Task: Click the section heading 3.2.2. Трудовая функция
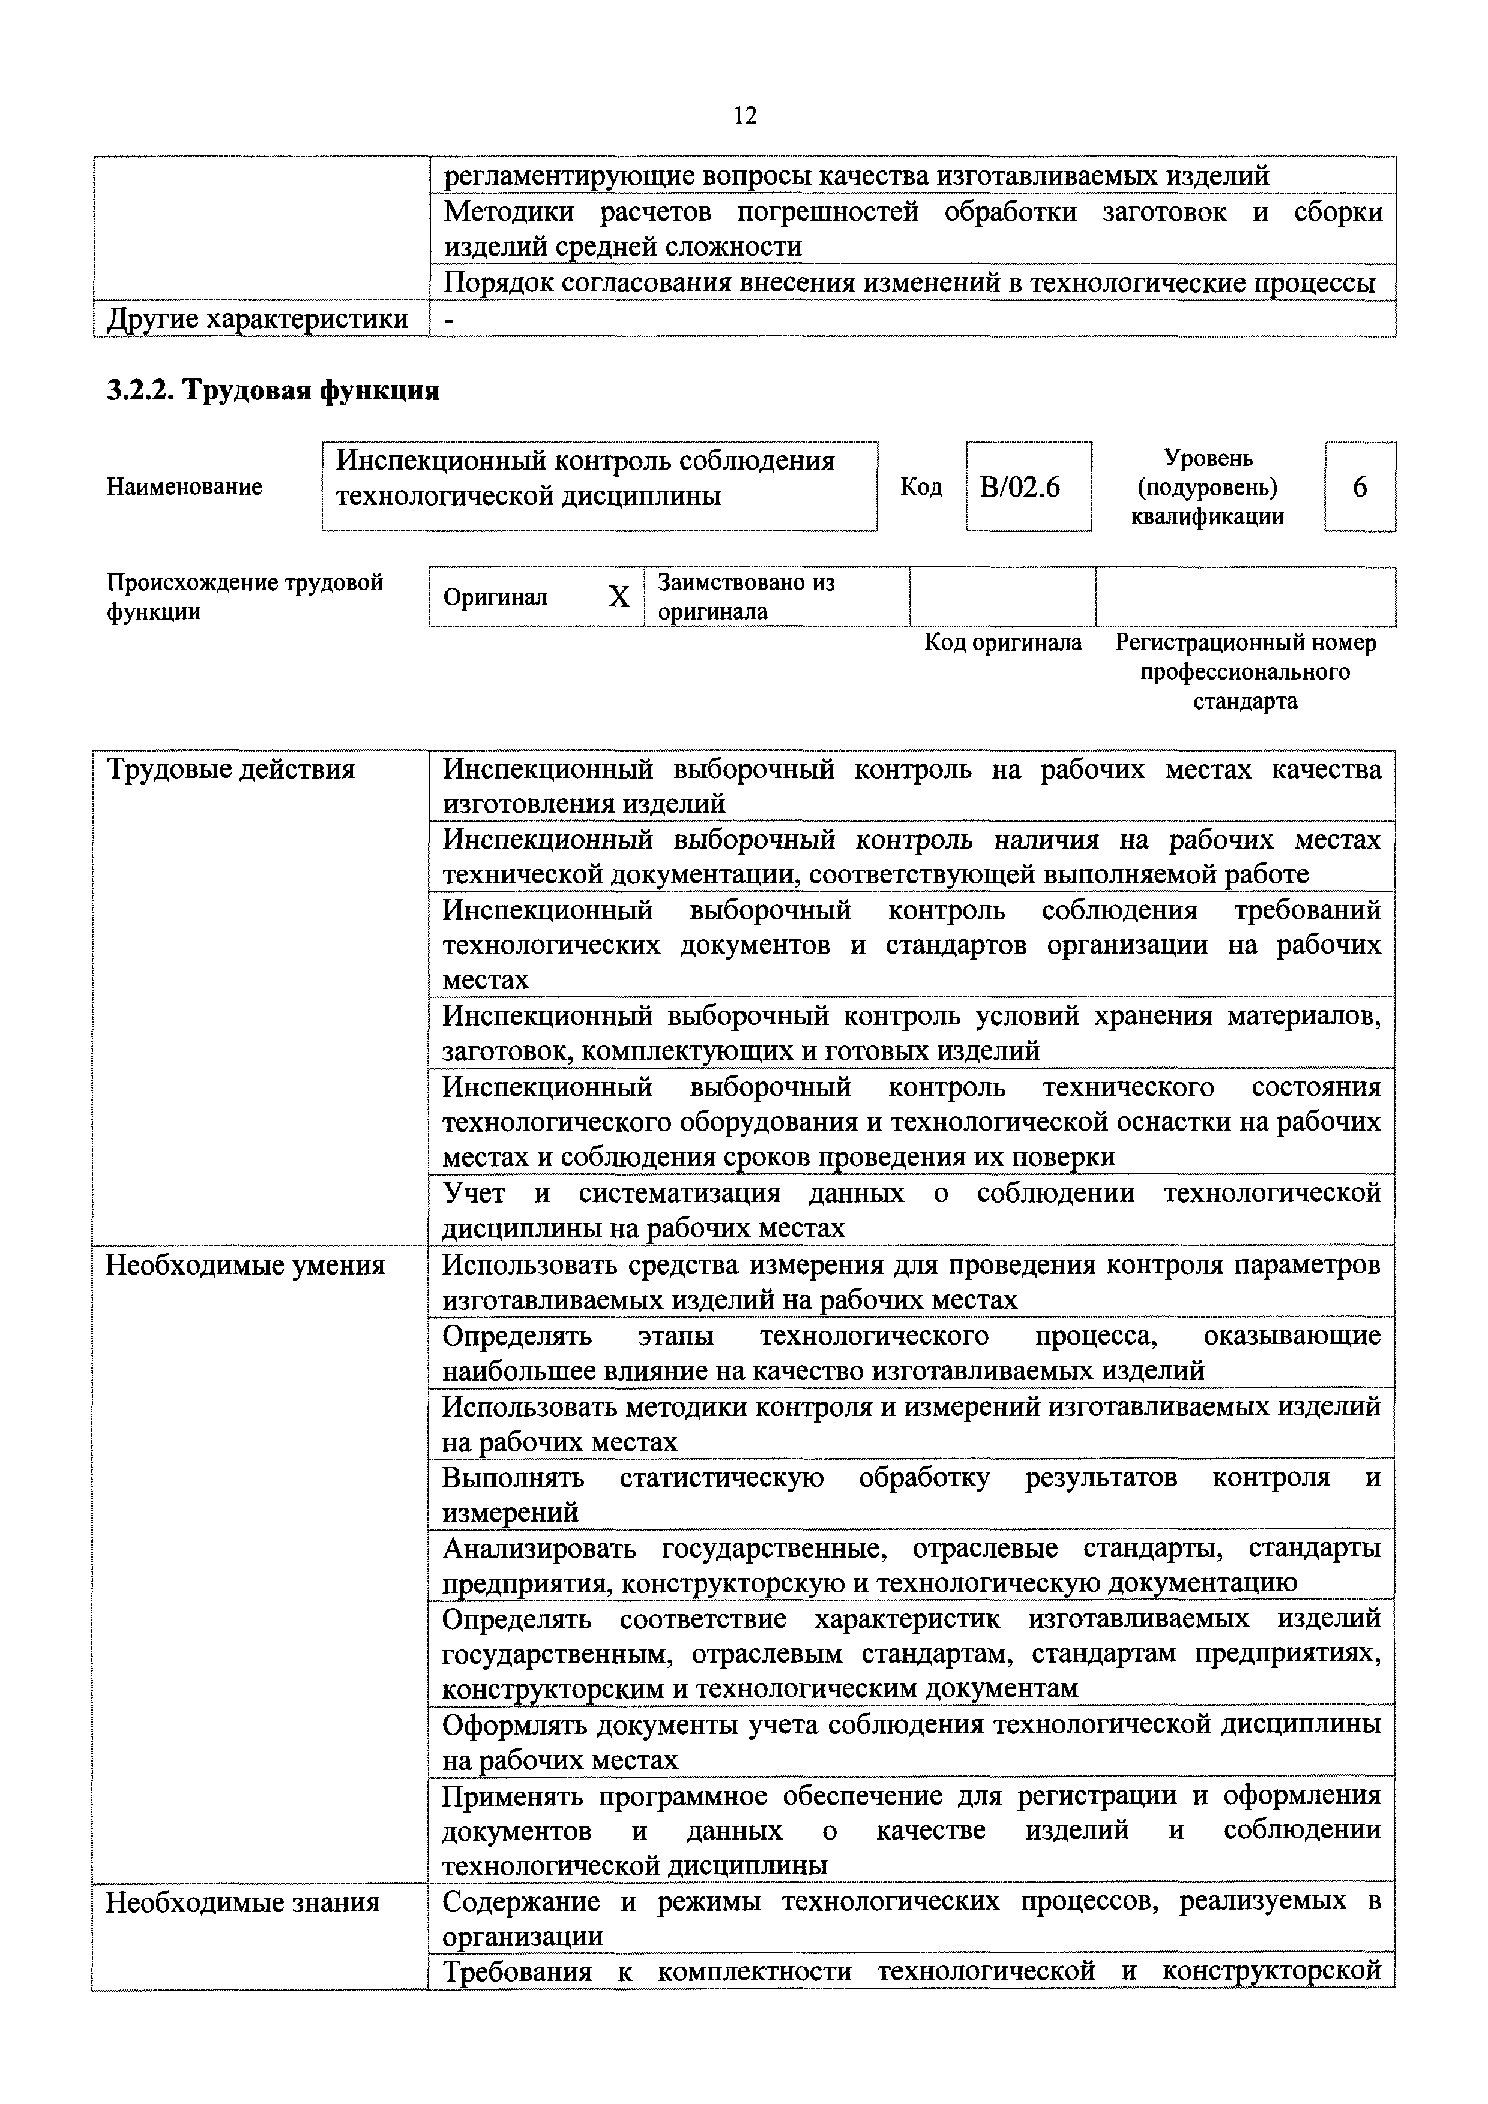(x=273, y=390)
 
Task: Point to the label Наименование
(x=184, y=486)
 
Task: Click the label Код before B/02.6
(x=921, y=486)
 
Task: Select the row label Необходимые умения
(x=245, y=1266)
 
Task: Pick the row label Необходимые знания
(x=242, y=1903)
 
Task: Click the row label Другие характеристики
(x=258, y=320)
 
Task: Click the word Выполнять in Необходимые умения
(x=513, y=1478)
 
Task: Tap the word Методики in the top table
(x=509, y=212)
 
